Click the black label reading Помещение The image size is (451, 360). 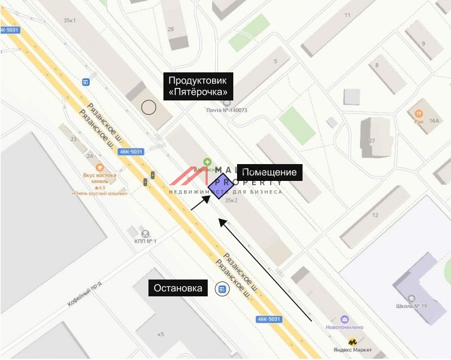pyautogui.click(x=269, y=172)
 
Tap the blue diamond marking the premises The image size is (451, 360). pyautogui.click(x=220, y=185)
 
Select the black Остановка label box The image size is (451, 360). pyautogui.click(x=179, y=288)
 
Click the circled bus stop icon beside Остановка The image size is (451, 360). pyautogui.click(x=221, y=289)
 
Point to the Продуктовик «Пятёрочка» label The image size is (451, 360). pyautogui.click(x=198, y=86)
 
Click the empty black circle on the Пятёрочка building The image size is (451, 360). pyautogui.click(x=148, y=107)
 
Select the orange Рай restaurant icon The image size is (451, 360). pyautogui.click(x=419, y=113)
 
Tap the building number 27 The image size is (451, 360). pyautogui.click(x=372, y=141)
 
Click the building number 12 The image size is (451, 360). pyautogui.click(x=375, y=215)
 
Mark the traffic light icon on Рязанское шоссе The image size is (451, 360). pyautogui.click(x=146, y=182)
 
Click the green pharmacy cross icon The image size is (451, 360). pyautogui.click(x=207, y=162)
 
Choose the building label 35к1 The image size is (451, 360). pyautogui.click(x=69, y=21)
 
